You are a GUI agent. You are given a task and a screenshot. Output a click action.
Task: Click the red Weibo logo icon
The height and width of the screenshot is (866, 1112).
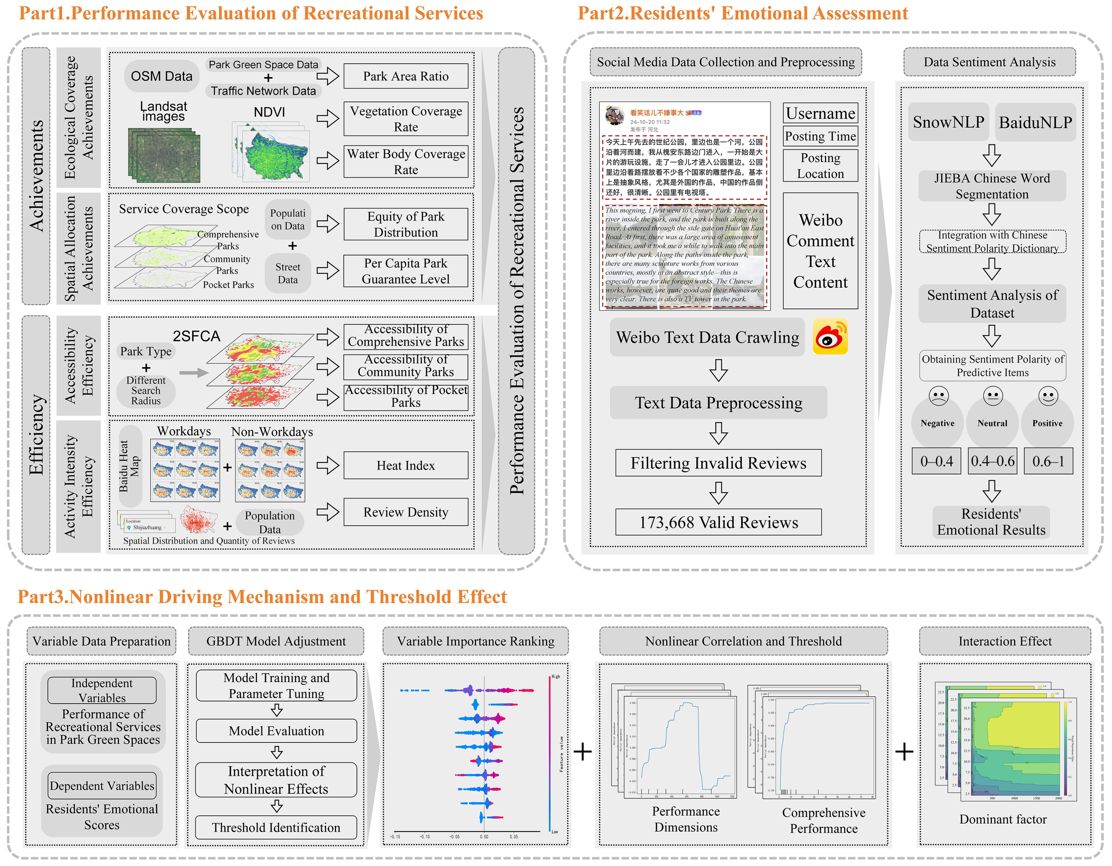(830, 337)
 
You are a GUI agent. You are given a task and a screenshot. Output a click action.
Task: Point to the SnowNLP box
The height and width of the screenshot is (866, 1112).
(948, 122)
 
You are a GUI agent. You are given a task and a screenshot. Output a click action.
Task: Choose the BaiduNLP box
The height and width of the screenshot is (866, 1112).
(1035, 122)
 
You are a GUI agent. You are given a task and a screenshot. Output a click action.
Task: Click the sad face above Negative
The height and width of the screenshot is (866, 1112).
(938, 396)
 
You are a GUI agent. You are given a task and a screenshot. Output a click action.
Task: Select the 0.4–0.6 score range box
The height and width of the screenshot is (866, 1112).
(992, 461)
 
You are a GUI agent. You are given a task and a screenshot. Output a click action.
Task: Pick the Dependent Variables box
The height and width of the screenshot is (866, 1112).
(102, 786)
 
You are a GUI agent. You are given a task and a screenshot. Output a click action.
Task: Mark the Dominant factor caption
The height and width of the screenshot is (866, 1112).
(1003, 819)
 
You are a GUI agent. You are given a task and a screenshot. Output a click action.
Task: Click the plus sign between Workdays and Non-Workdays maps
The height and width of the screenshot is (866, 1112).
(227, 467)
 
